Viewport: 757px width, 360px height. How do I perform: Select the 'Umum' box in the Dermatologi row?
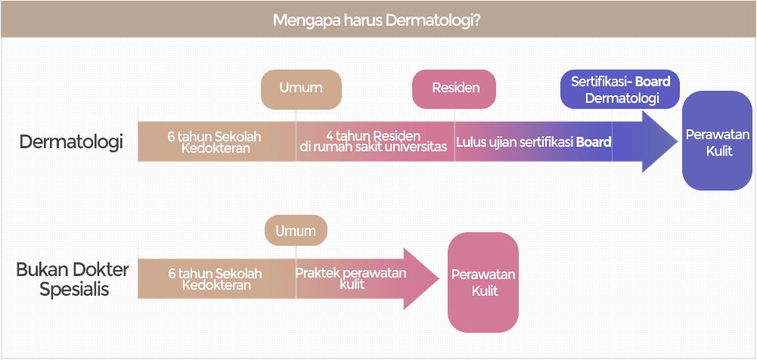[301, 89]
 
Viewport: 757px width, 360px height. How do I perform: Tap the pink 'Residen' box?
[454, 88]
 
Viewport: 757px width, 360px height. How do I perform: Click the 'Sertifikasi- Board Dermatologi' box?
[620, 89]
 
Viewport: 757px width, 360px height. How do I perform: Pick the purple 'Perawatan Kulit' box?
[717, 141]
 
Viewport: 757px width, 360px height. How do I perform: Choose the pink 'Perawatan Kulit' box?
[483, 282]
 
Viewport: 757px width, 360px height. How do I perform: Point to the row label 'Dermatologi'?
[71, 142]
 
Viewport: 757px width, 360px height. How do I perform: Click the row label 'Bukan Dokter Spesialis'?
[73, 279]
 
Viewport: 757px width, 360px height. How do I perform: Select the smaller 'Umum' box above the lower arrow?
[296, 230]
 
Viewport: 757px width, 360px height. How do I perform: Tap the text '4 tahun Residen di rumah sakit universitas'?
[374, 141]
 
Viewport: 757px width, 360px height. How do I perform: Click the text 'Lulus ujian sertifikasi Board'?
[534, 142]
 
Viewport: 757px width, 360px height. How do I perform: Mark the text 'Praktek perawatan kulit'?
[351, 279]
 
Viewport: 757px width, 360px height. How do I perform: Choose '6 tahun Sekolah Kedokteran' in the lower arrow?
[216, 279]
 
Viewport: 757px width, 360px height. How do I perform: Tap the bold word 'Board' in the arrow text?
[594, 142]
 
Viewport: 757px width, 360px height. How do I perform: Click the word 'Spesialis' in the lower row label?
[74, 289]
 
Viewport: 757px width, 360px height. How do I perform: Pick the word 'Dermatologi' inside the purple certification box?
[622, 98]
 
